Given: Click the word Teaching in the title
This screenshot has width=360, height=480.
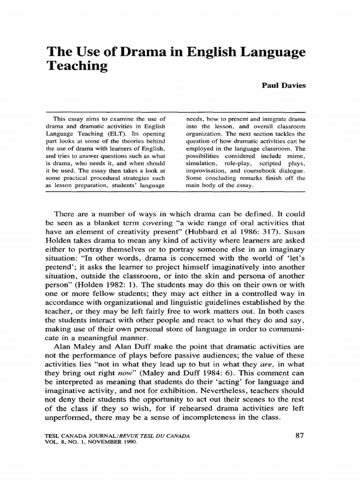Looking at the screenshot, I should point(77,66).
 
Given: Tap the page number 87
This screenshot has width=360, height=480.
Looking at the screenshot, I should point(300,436).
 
